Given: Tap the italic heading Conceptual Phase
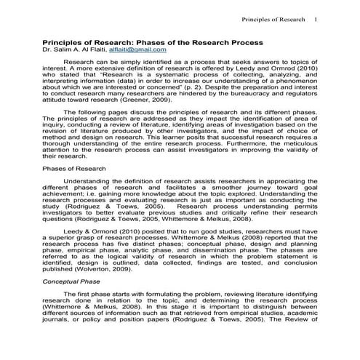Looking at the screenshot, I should pos(71,280).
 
